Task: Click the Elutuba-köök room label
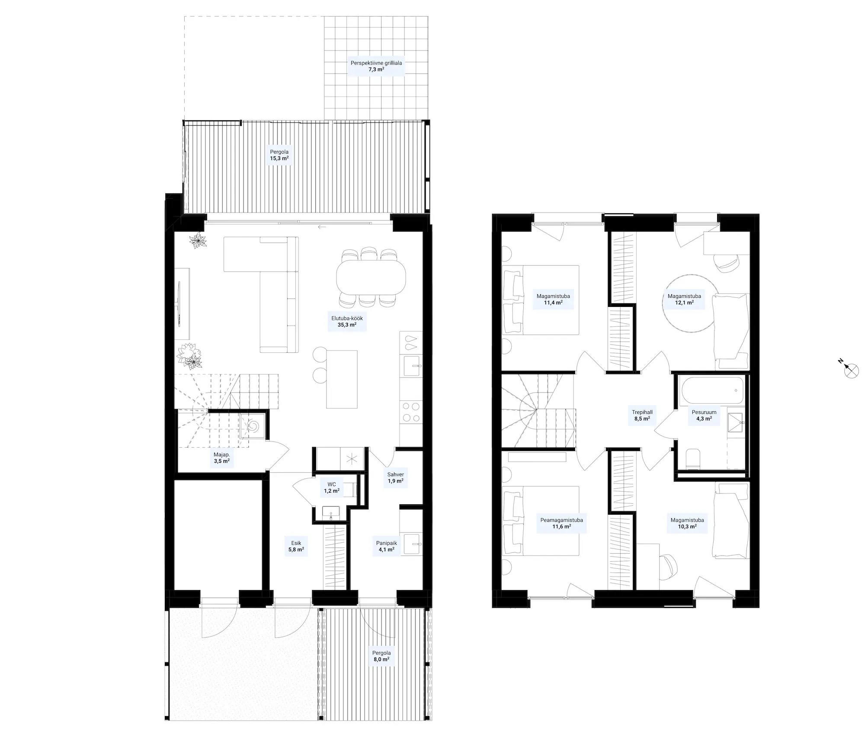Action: pyautogui.click(x=347, y=321)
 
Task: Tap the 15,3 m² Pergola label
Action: pyautogui.click(x=279, y=155)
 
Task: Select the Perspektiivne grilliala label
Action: pyautogui.click(x=376, y=66)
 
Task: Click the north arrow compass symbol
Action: pyautogui.click(x=850, y=370)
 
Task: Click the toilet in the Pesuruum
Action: pyautogui.click(x=693, y=458)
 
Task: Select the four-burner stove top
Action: pyautogui.click(x=410, y=412)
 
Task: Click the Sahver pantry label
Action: pyautogui.click(x=395, y=477)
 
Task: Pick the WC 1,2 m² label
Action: pyautogui.click(x=332, y=488)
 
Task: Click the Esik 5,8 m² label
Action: pyautogui.click(x=296, y=546)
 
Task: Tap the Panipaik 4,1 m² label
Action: pyautogui.click(x=386, y=546)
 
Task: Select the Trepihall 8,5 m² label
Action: pyautogui.click(x=642, y=416)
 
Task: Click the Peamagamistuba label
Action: pyautogui.click(x=561, y=523)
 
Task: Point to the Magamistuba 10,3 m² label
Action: pyautogui.click(x=687, y=523)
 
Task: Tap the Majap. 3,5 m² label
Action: pyautogui.click(x=221, y=458)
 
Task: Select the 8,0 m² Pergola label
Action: pyautogui.click(x=381, y=656)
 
